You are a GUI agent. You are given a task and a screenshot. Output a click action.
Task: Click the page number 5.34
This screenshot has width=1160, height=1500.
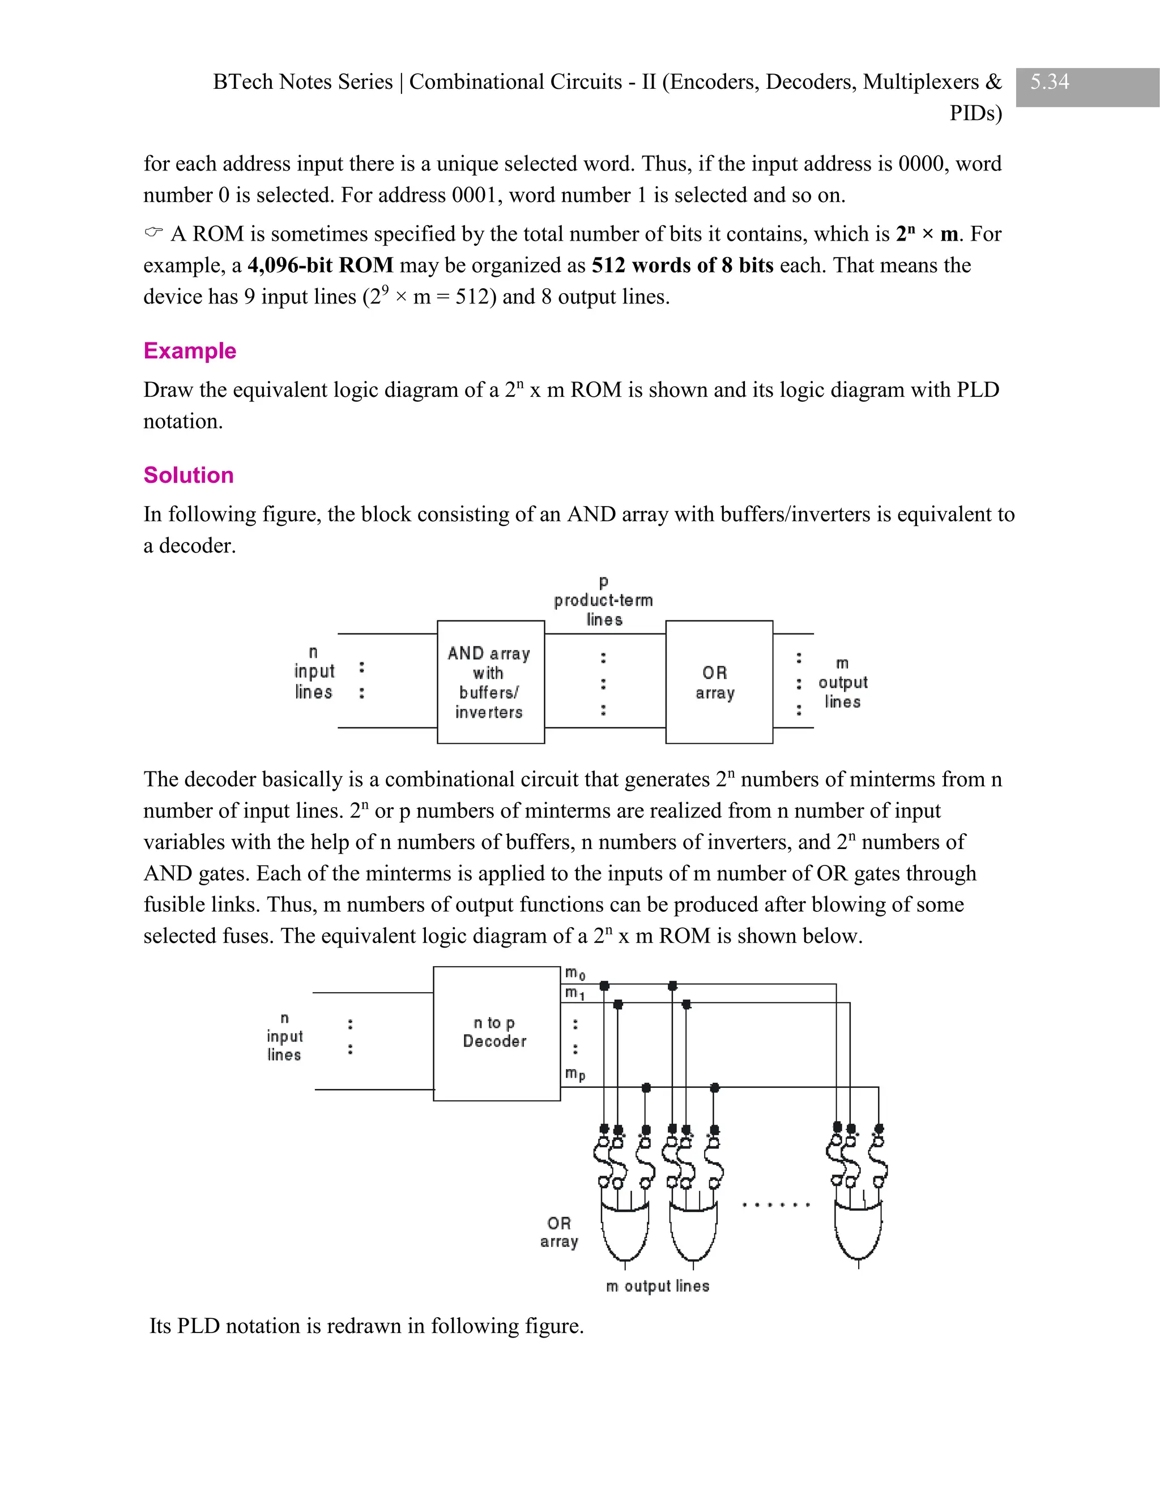[1050, 82]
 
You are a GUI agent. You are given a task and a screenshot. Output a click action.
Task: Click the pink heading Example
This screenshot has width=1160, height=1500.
[190, 351]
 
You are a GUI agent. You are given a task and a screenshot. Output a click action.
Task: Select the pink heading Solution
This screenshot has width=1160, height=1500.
[188, 475]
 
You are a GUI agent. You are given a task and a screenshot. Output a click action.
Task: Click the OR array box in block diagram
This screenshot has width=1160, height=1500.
[718, 682]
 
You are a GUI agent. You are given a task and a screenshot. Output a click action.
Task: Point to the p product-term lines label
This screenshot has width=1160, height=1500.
[603, 601]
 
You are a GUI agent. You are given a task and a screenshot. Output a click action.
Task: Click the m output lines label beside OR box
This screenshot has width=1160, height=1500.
[842, 683]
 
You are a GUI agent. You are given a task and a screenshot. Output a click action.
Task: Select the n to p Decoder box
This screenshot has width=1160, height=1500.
[496, 1033]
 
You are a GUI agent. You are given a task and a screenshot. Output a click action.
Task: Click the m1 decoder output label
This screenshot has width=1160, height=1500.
[574, 993]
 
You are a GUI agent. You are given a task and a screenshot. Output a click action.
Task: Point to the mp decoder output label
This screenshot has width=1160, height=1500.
[574, 1073]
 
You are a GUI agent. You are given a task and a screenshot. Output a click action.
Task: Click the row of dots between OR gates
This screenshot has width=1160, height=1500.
[776, 1205]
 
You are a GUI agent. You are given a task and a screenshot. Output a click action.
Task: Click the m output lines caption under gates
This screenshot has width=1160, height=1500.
[657, 1285]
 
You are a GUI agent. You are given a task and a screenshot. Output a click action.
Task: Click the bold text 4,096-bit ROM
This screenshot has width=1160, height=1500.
[320, 265]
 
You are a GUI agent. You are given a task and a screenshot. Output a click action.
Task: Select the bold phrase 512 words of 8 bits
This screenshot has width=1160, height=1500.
[682, 265]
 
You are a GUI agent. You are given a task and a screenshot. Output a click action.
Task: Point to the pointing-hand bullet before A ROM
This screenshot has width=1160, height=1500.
[154, 233]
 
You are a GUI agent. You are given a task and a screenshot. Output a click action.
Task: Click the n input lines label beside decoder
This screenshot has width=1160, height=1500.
[284, 1036]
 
